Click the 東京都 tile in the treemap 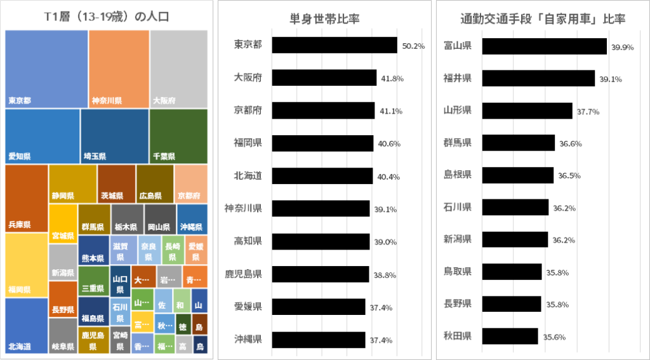46,69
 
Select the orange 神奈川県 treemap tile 119,69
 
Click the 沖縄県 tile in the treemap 192,219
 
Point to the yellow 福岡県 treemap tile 26,265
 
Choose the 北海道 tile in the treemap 26,325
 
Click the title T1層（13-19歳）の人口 107,17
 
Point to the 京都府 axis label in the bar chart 248,110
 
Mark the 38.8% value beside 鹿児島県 387,275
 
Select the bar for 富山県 545,46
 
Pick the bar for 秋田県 510,337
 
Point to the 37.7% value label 587,111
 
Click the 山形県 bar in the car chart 527,110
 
